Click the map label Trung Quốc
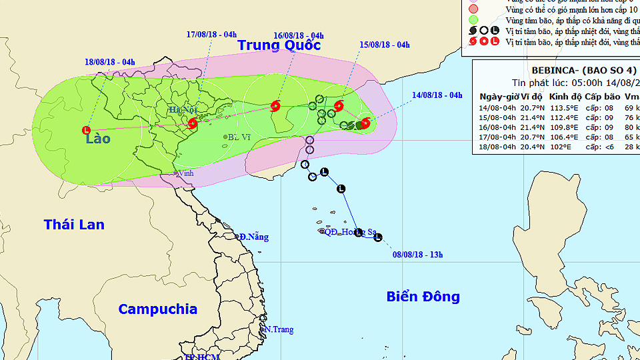(x=279, y=45)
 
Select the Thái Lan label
(x=74, y=225)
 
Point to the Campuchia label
(x=157, y=309)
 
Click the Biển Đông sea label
(x=423, y=297)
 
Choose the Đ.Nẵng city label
(x=254, y=237)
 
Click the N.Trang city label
(x=280, y=329)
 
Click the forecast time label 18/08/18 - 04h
(x=110, y=63)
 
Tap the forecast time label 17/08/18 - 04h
(x=211, y=35)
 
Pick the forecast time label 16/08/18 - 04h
(x=299, y=35)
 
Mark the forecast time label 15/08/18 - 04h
(x=384, y=45)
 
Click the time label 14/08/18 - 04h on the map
(x=437, y=95)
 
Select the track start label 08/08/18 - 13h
(x=418, y=254)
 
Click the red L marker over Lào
(x=86, y=130)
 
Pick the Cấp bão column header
(x=603, y=97)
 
